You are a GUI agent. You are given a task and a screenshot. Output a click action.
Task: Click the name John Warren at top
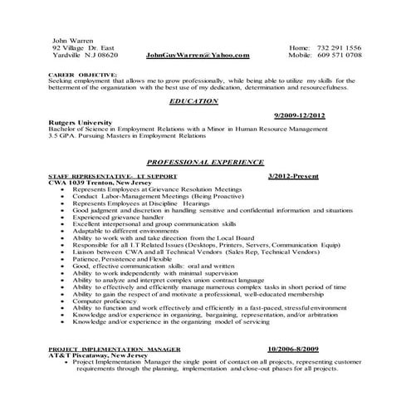click(x=72, y=40)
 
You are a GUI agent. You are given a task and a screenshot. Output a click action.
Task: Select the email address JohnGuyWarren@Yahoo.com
click(x=197, y=55)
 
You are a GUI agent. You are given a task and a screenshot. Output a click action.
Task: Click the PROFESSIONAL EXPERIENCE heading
click(x=204, y=162)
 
